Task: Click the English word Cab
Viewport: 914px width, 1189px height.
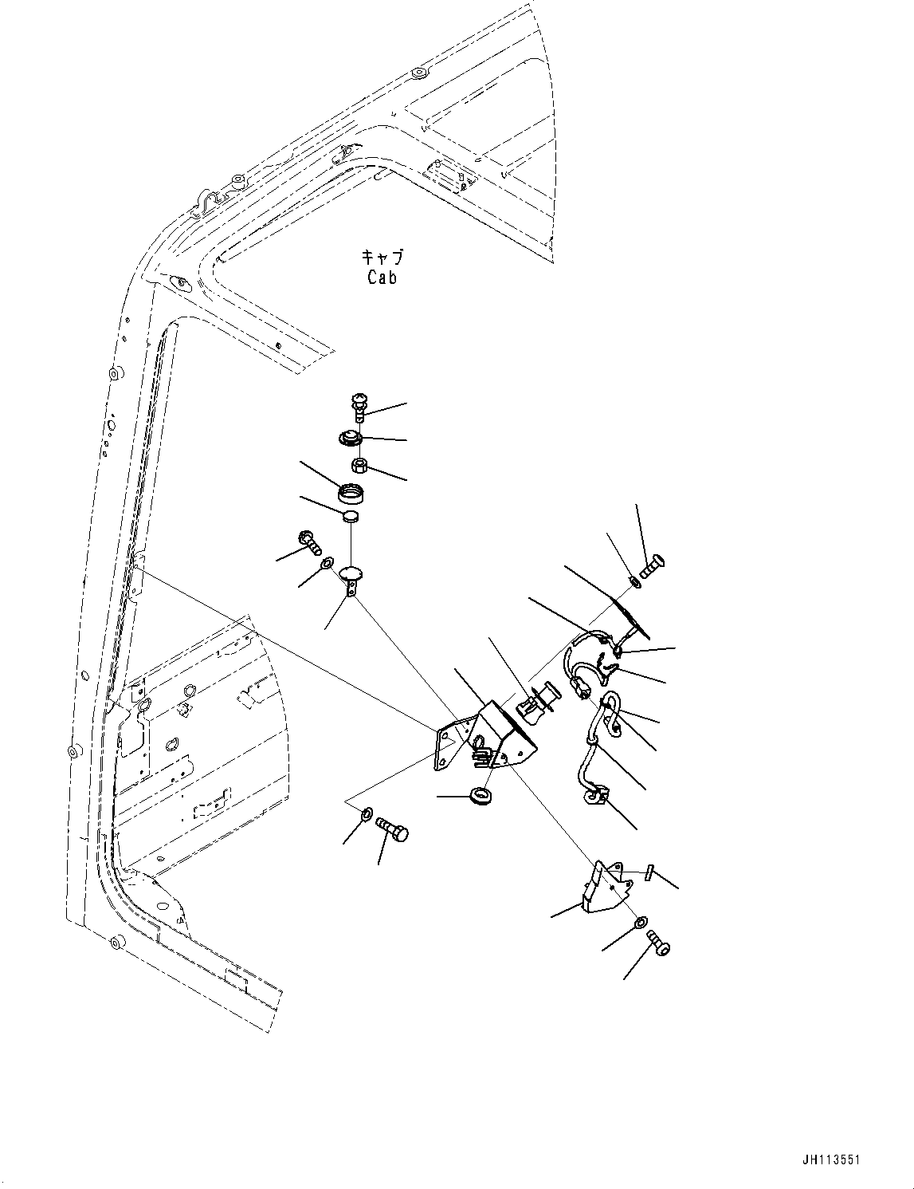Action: (382, 278)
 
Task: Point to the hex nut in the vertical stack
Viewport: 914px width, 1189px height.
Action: (359, 464)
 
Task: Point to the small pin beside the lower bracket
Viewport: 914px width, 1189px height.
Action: (650, 872)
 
